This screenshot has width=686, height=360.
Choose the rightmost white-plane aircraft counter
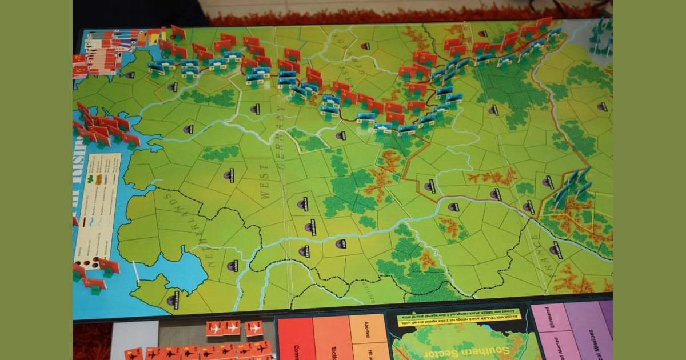(x=254, y=328)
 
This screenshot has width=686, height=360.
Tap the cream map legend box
(x=97, y=206)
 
